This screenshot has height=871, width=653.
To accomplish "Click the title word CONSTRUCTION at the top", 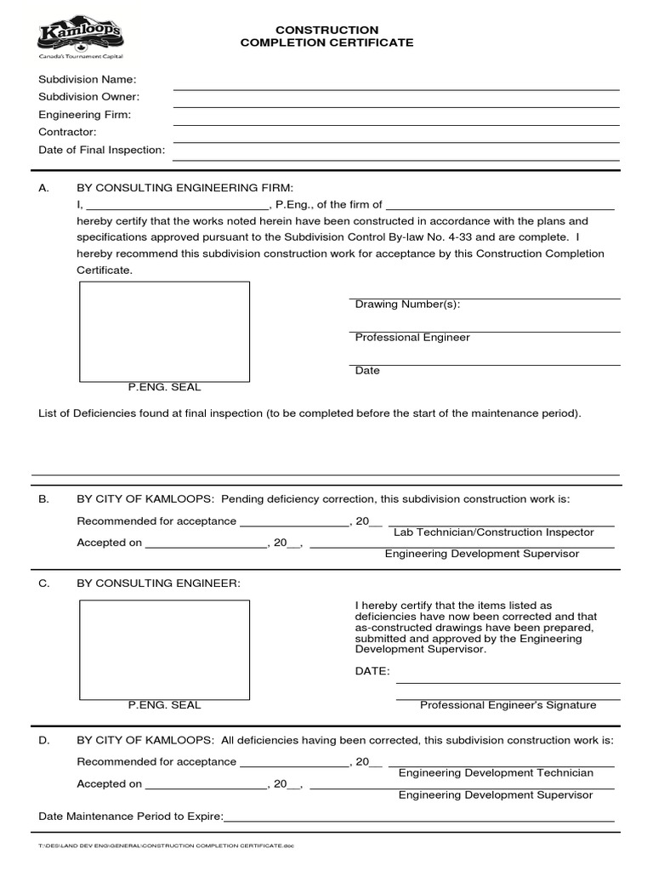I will coord(327,30).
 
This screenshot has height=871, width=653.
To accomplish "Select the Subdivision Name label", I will coord(88,79).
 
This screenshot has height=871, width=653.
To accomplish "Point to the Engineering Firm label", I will coord(85,115).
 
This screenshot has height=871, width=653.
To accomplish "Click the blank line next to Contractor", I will coord(396,142).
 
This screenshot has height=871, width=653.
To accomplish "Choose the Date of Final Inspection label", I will coord(102,151).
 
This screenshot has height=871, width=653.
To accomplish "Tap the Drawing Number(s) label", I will coord(407,305).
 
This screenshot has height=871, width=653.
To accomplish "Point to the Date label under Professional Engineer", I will coord(367,371).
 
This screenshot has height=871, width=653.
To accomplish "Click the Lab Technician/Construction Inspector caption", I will coord(493,532).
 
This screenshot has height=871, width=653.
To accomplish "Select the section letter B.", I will coord(44,499).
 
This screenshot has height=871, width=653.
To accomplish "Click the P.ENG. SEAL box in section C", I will coord(164,648).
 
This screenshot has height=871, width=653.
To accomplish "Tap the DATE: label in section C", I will coord(372,671).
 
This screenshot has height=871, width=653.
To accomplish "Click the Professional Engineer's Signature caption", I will coord(508,705).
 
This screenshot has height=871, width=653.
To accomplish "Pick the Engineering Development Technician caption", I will coord(496,773).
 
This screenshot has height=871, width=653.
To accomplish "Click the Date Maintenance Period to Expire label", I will coord(131,817).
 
